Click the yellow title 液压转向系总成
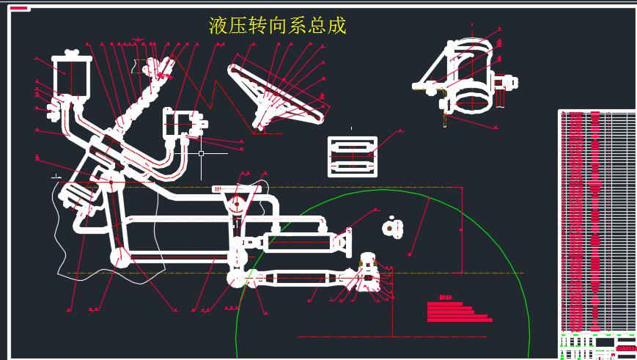tap(277, 26)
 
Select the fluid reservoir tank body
tap(70, 77)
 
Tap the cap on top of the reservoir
tap(71, 53)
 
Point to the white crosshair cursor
tap(201, 154)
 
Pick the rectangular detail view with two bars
tap(353, 157)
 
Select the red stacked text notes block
tap(458, 312)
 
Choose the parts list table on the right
tap(597, 220)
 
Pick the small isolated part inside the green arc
tap(393, 228)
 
